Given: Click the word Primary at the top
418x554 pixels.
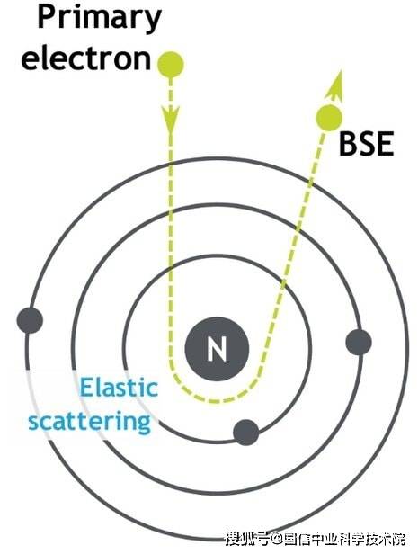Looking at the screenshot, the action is pos(99,18).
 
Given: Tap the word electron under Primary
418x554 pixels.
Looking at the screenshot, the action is pos(86,58).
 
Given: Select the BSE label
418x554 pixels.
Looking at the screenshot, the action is pos(366,144).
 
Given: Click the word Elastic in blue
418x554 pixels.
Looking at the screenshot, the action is pos(119,387).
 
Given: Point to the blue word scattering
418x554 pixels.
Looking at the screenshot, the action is pos(90,421).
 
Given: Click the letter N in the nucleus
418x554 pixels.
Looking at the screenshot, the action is pos(217,349).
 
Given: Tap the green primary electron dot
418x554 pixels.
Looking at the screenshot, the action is pos(171,65).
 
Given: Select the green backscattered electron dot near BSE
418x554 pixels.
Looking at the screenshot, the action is pos(329,118).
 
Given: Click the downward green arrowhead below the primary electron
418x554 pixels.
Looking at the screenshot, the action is pos(171,118).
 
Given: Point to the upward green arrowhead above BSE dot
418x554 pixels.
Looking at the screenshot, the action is pos(335,85).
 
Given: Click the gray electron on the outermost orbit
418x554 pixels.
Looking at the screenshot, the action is pos(30,320).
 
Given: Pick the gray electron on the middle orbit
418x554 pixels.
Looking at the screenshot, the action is pos(359,342).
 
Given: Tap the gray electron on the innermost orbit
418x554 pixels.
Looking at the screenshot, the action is pos(246,433).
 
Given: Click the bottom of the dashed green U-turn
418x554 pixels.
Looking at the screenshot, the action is pos(216,401).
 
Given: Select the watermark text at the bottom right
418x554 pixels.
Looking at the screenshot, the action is pos(315,540).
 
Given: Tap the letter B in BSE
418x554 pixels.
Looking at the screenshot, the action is pos(348,144).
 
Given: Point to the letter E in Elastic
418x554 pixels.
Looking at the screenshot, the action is pos(87,386).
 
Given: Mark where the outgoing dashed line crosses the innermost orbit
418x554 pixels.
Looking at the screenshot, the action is pos(283,282).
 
